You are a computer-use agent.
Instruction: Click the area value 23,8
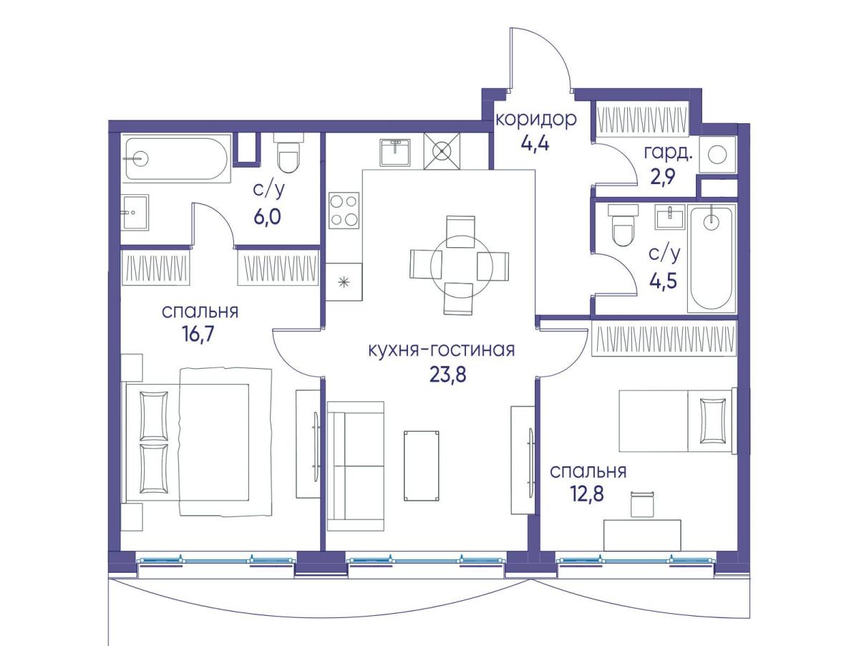click(447, 375)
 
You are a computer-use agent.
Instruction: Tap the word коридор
click(535, 119)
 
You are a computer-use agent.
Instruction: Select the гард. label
click(669, 153)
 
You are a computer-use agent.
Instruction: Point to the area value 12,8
click(586, 493)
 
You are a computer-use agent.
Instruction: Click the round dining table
click(460, 265)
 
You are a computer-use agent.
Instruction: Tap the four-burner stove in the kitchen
click(344, 211)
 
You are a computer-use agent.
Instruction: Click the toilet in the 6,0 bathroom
click(288, 153)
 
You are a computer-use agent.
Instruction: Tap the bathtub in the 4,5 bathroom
click(712, 259)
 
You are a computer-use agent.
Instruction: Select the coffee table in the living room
click(421, 466)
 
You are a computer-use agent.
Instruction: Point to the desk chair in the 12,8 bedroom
click(643, 505)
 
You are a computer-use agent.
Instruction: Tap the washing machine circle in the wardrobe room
click(717, 155)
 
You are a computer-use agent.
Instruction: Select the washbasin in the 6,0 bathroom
click(135, 212)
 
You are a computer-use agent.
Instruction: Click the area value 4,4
click(535, 143)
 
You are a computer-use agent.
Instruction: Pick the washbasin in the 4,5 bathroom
click(670, 217)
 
